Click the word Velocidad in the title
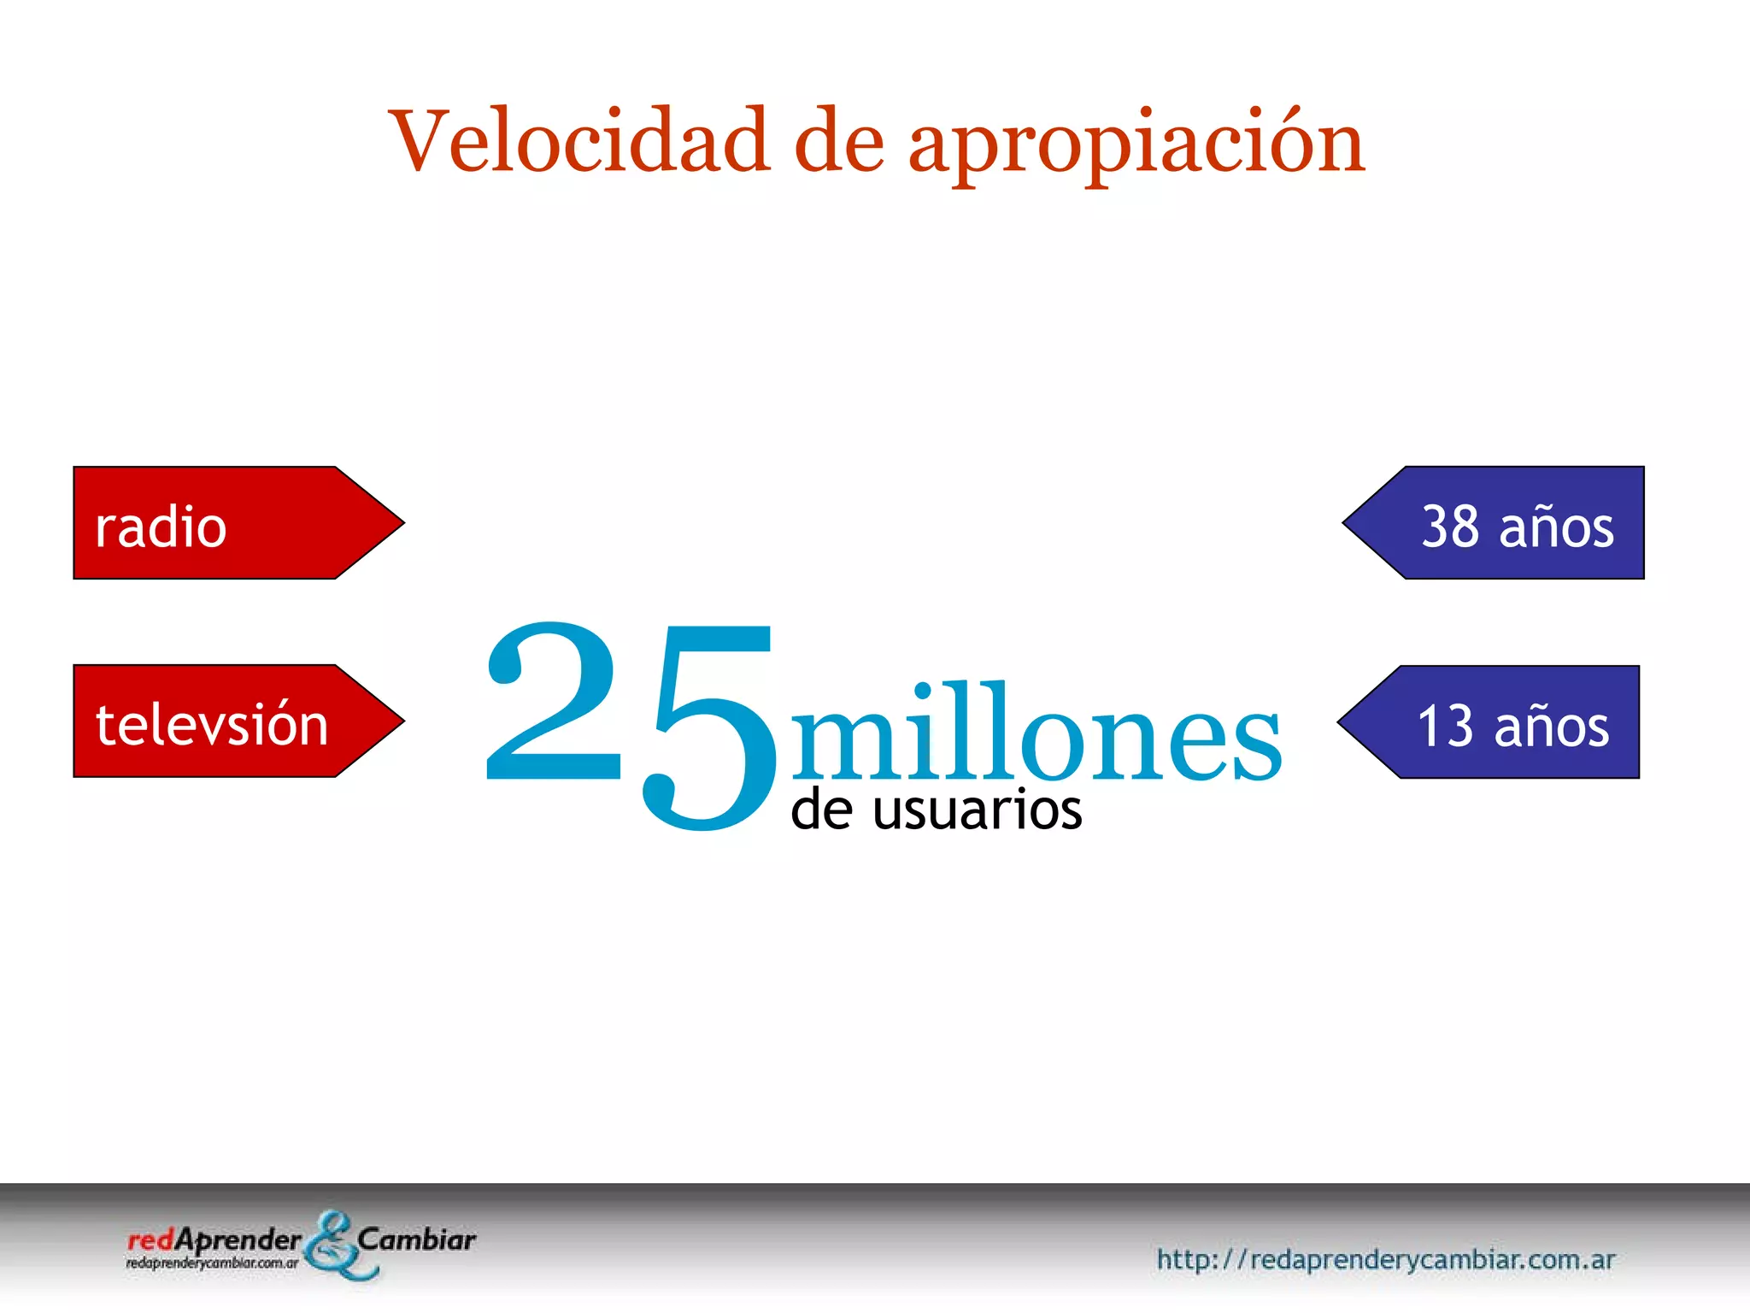coord(579,141)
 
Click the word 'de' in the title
coord(838,141)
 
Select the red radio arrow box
coord(222,523)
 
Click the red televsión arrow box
coord(222,721)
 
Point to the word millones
coord(1036,733)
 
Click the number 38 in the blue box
coord(1450,526)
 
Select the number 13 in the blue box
coord(1446,726)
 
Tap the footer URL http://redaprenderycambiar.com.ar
coord(1385,1259)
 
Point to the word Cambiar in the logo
coord(416,1239)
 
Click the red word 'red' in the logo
coord(150,1240)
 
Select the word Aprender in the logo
coord(238,1241)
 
